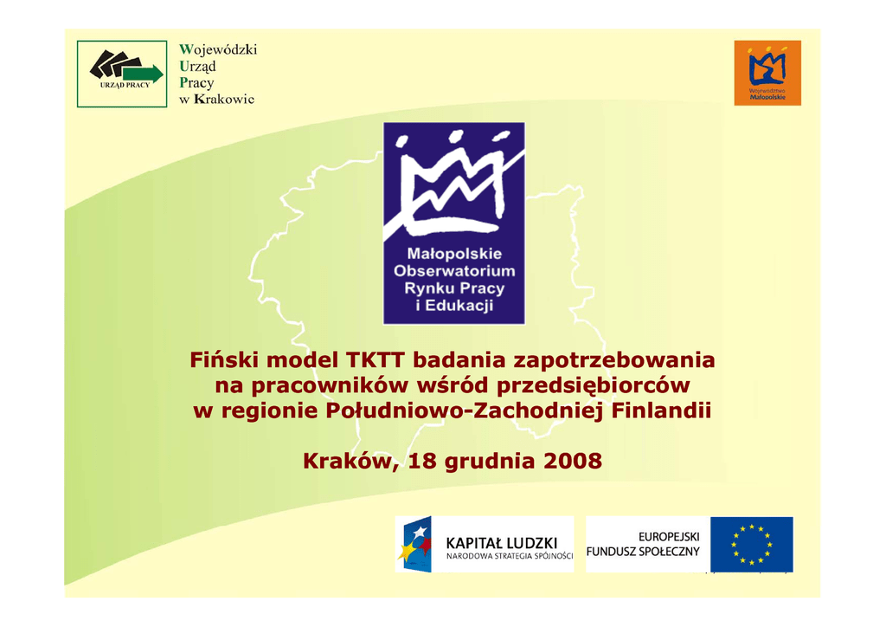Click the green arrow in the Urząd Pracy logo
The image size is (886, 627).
[x=144, y=74]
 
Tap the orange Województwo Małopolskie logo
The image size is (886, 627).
[x=767, y=73]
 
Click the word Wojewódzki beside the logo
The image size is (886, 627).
[x=218, y=49]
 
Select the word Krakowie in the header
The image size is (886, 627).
[x=224, y=99]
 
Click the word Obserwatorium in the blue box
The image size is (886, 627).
[x=454, y=271]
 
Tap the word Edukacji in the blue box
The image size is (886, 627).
[x=459, y=306]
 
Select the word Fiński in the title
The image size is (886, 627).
[x=225, y=359]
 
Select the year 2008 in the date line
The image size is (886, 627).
[x=573, y=461]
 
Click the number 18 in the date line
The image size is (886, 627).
[x=422, y=461]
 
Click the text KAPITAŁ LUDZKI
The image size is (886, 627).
[x=501, y=543]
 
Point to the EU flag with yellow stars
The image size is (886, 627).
[x=752, y=545]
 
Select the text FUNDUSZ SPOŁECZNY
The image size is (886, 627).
[x=643, y=552]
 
